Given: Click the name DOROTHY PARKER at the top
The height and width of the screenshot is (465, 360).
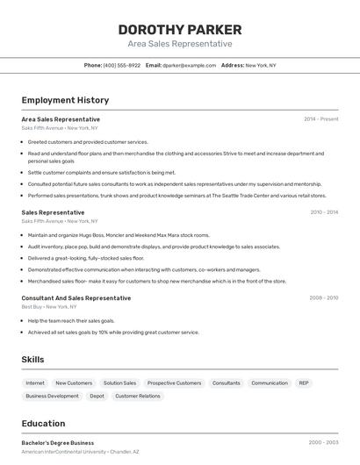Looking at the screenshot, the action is [180, 29].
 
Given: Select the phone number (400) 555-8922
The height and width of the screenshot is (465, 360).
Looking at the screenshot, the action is [121, 65].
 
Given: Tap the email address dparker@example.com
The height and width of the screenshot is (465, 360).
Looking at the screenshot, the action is [189, 65].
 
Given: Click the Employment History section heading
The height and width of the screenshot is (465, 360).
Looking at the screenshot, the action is [65, 100].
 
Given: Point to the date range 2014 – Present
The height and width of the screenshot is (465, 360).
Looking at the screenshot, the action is [320, 119].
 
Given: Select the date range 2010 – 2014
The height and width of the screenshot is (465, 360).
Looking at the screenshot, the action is [324, 212].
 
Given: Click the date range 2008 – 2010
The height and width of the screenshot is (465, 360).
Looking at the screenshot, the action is [323, 298].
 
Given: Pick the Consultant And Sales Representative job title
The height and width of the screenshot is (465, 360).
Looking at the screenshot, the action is [76, 298].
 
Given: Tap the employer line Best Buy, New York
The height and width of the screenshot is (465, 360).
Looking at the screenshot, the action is [49, 307].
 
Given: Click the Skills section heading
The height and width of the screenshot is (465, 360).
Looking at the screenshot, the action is [33, 360].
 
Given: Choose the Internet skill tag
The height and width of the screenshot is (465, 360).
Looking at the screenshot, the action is [35, 383].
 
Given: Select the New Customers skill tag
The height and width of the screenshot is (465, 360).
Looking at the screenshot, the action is [74, 383].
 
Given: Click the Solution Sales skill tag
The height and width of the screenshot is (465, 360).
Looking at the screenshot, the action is [119, 383].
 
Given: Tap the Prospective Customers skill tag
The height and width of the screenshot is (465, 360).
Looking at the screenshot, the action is [174, 383].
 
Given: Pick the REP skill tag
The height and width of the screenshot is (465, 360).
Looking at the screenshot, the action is [303, 383].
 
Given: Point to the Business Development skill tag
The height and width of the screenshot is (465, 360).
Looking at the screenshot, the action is [52, 397].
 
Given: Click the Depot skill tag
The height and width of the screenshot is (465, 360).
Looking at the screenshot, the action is [97, 397].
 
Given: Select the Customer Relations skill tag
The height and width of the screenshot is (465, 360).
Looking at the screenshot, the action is [138, 397].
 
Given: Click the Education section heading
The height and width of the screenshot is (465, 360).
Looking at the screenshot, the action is [43, 424].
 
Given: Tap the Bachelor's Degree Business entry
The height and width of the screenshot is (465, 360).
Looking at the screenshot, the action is [58, 443].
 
